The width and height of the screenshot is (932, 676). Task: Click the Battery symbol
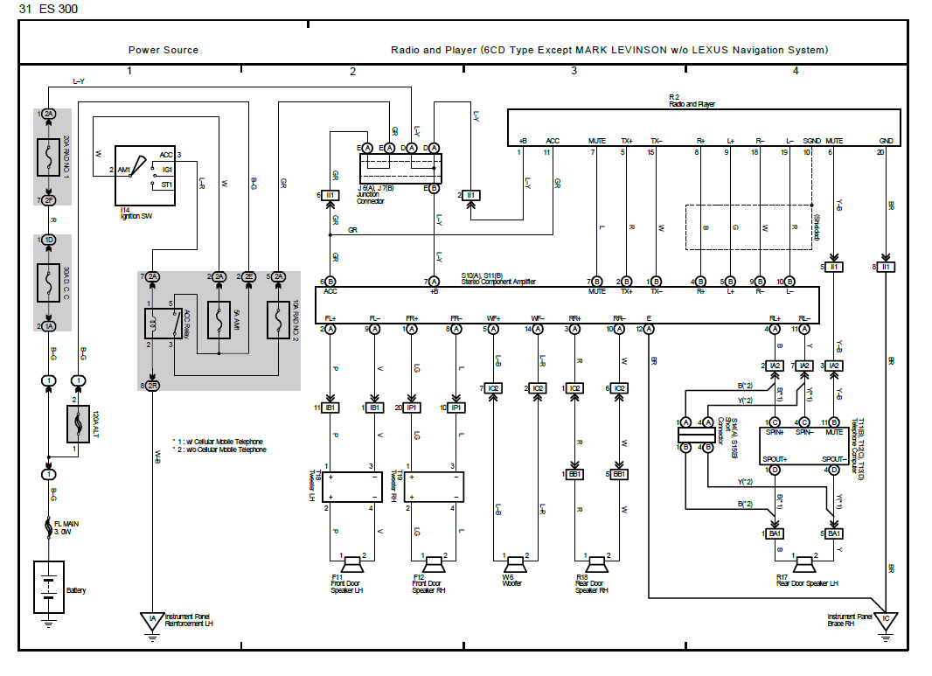tap(47, 588)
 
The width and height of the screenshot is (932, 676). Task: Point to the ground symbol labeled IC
tap(886, 622)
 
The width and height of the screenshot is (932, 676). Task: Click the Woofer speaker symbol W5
tap(514, 562)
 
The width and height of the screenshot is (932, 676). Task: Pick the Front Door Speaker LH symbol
tap(355, 562)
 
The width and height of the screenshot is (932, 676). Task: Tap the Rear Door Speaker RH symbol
tap(596, 562)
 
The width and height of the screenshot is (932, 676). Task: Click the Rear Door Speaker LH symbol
tap(803, 562)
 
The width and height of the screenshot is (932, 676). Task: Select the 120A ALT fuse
tap(79, 424)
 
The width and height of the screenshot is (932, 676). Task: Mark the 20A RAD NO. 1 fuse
tap(49, 157)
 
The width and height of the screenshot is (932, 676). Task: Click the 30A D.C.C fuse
tap(49, 282)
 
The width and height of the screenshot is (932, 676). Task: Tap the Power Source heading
tap(163, 50)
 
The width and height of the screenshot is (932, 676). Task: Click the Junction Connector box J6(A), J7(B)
tap(400, 168)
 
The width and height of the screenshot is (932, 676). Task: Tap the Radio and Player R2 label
tap(691, 101)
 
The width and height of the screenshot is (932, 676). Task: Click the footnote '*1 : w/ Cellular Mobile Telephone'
tap(219, 442)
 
